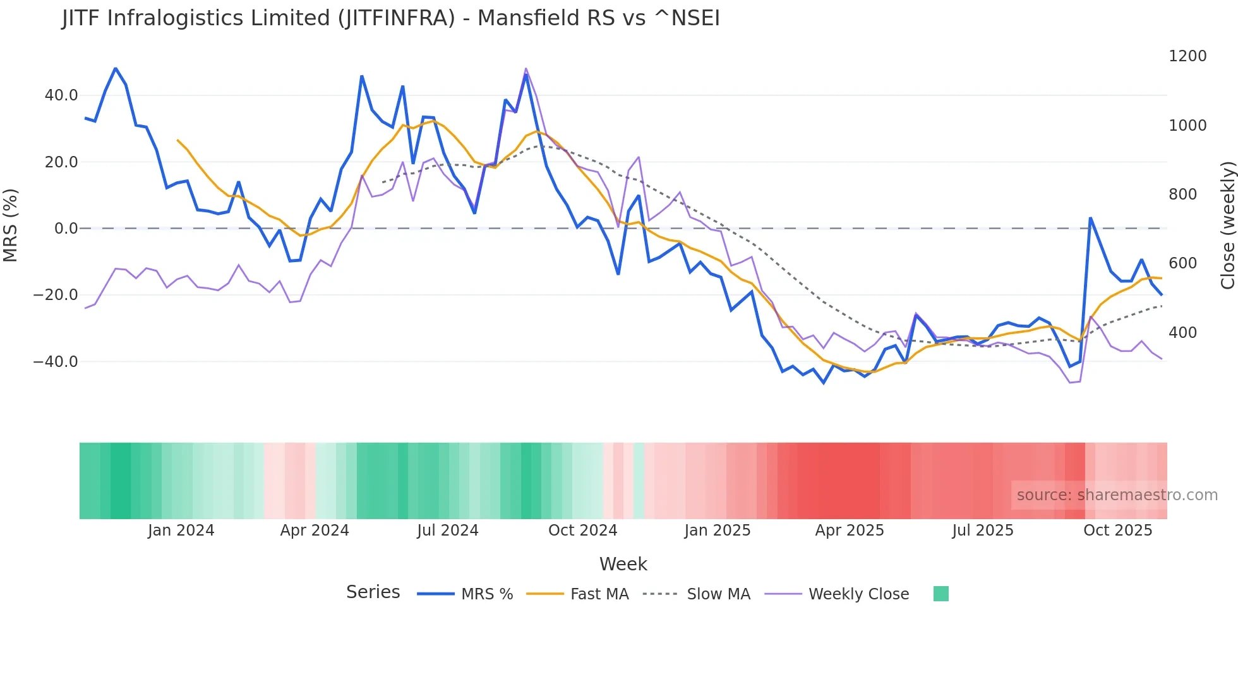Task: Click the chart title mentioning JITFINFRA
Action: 390,18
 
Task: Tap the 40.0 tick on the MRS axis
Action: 61,95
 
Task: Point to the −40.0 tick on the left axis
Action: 56,362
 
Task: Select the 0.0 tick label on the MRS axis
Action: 66,229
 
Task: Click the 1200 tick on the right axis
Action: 1187,56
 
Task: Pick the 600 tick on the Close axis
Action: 1182,263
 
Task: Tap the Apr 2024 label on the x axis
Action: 315,531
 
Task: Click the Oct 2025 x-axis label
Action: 1117,531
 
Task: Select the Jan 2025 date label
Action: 717,531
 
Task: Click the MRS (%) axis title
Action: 11,225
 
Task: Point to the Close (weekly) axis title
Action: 1227,225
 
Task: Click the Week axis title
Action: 623,564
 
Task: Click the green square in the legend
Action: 941,594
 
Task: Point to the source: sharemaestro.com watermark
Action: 1117,495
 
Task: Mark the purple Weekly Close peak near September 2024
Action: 526,69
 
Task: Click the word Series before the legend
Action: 373,592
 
